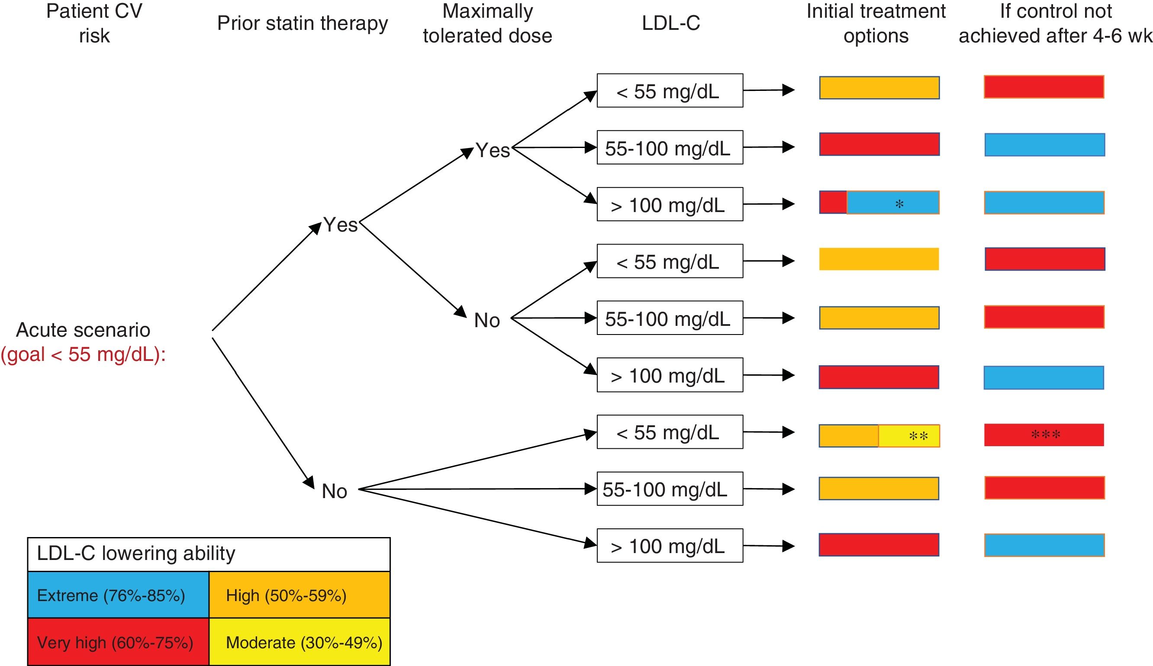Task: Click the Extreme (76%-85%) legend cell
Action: tap(118, 595)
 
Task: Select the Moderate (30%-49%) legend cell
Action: tap(300, 642)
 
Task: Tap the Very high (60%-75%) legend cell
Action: tap(118, 642)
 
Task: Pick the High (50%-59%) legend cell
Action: tap(300, 595)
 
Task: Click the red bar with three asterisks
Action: tap(1043, 434)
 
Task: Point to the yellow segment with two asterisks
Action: tap(909, 436)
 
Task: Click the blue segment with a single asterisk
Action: tap(893, 203)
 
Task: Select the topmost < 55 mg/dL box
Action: tap(670, 90)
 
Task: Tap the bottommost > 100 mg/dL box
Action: tap(670, 546)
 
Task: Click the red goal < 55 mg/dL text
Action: tap(83, 354)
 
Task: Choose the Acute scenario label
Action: tap(83, 330)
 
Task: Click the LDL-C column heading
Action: tap(670, 23)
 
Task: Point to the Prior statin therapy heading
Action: tap(302, 23)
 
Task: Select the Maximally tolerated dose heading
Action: tap(487, 23)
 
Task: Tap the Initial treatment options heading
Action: tap(876, 23)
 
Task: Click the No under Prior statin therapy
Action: tap(334, 491)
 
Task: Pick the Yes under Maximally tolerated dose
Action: tap(493, 150)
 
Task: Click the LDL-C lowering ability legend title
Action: tap(136, 553)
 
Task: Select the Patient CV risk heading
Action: tap(94, 23)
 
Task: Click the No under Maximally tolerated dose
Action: tap(486, 320)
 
